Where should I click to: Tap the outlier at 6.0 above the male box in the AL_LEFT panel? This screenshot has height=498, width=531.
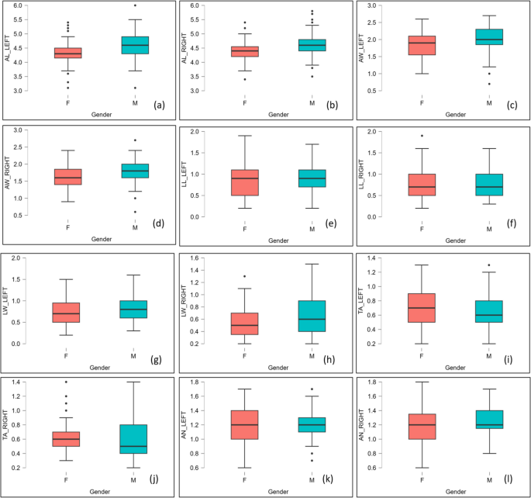pos(135,5)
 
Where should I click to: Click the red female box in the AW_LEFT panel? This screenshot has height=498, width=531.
pos(422,45)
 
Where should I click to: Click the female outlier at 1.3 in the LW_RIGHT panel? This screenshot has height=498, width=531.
pos(245,276)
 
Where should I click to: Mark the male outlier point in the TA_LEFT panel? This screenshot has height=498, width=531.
pos(489,265)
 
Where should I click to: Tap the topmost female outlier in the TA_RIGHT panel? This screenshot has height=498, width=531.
pos(68,382)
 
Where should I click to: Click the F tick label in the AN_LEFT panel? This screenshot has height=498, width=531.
pos(245,480)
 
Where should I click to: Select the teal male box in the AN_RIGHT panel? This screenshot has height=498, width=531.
pos(489,420)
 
